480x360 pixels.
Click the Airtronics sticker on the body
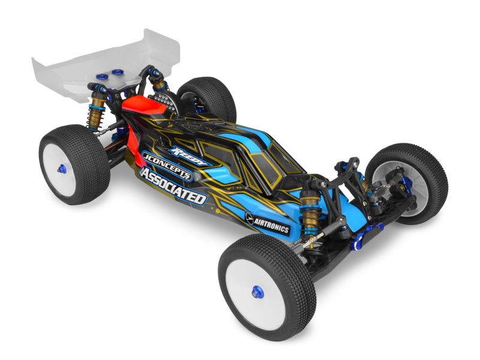(267, 223)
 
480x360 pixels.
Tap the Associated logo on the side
(173, 185)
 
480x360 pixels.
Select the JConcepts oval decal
(167, 166)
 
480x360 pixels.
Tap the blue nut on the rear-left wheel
(62, 168)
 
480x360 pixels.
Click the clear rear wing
(104, 65)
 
